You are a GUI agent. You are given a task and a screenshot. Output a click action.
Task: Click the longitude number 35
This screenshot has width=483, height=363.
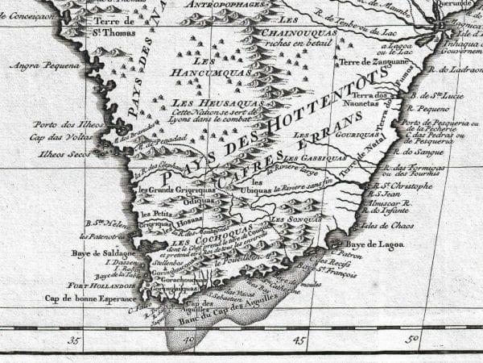tap(74, 341)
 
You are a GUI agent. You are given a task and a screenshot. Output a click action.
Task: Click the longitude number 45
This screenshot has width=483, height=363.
tap(299, 341)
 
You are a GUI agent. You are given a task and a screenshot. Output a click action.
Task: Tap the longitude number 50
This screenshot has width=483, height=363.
tap(412, 341)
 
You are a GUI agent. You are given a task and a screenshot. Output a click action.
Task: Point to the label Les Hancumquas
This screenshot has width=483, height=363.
tap(216, 66)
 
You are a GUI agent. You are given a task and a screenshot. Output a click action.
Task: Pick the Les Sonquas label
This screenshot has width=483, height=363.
tap(287, 219)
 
